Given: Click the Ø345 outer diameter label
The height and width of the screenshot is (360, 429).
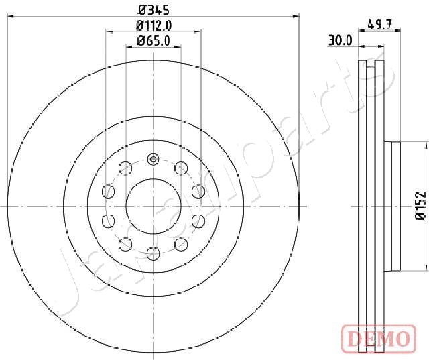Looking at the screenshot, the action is (154, 11).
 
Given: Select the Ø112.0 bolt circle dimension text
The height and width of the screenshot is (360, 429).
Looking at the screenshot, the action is (154, 26).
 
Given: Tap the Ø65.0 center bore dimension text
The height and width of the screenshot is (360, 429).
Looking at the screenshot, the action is (154, 41).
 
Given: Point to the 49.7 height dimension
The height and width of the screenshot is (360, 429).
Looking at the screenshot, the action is (380, 25).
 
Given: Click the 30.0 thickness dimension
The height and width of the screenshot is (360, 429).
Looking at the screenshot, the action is (340, 41).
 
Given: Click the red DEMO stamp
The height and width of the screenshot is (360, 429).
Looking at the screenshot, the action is (379, 338).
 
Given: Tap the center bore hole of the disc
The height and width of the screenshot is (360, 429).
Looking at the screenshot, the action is (154, 206).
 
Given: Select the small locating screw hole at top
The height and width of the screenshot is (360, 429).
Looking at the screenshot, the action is (153, 159).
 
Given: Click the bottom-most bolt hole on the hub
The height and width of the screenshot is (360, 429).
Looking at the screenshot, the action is (154, 253).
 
